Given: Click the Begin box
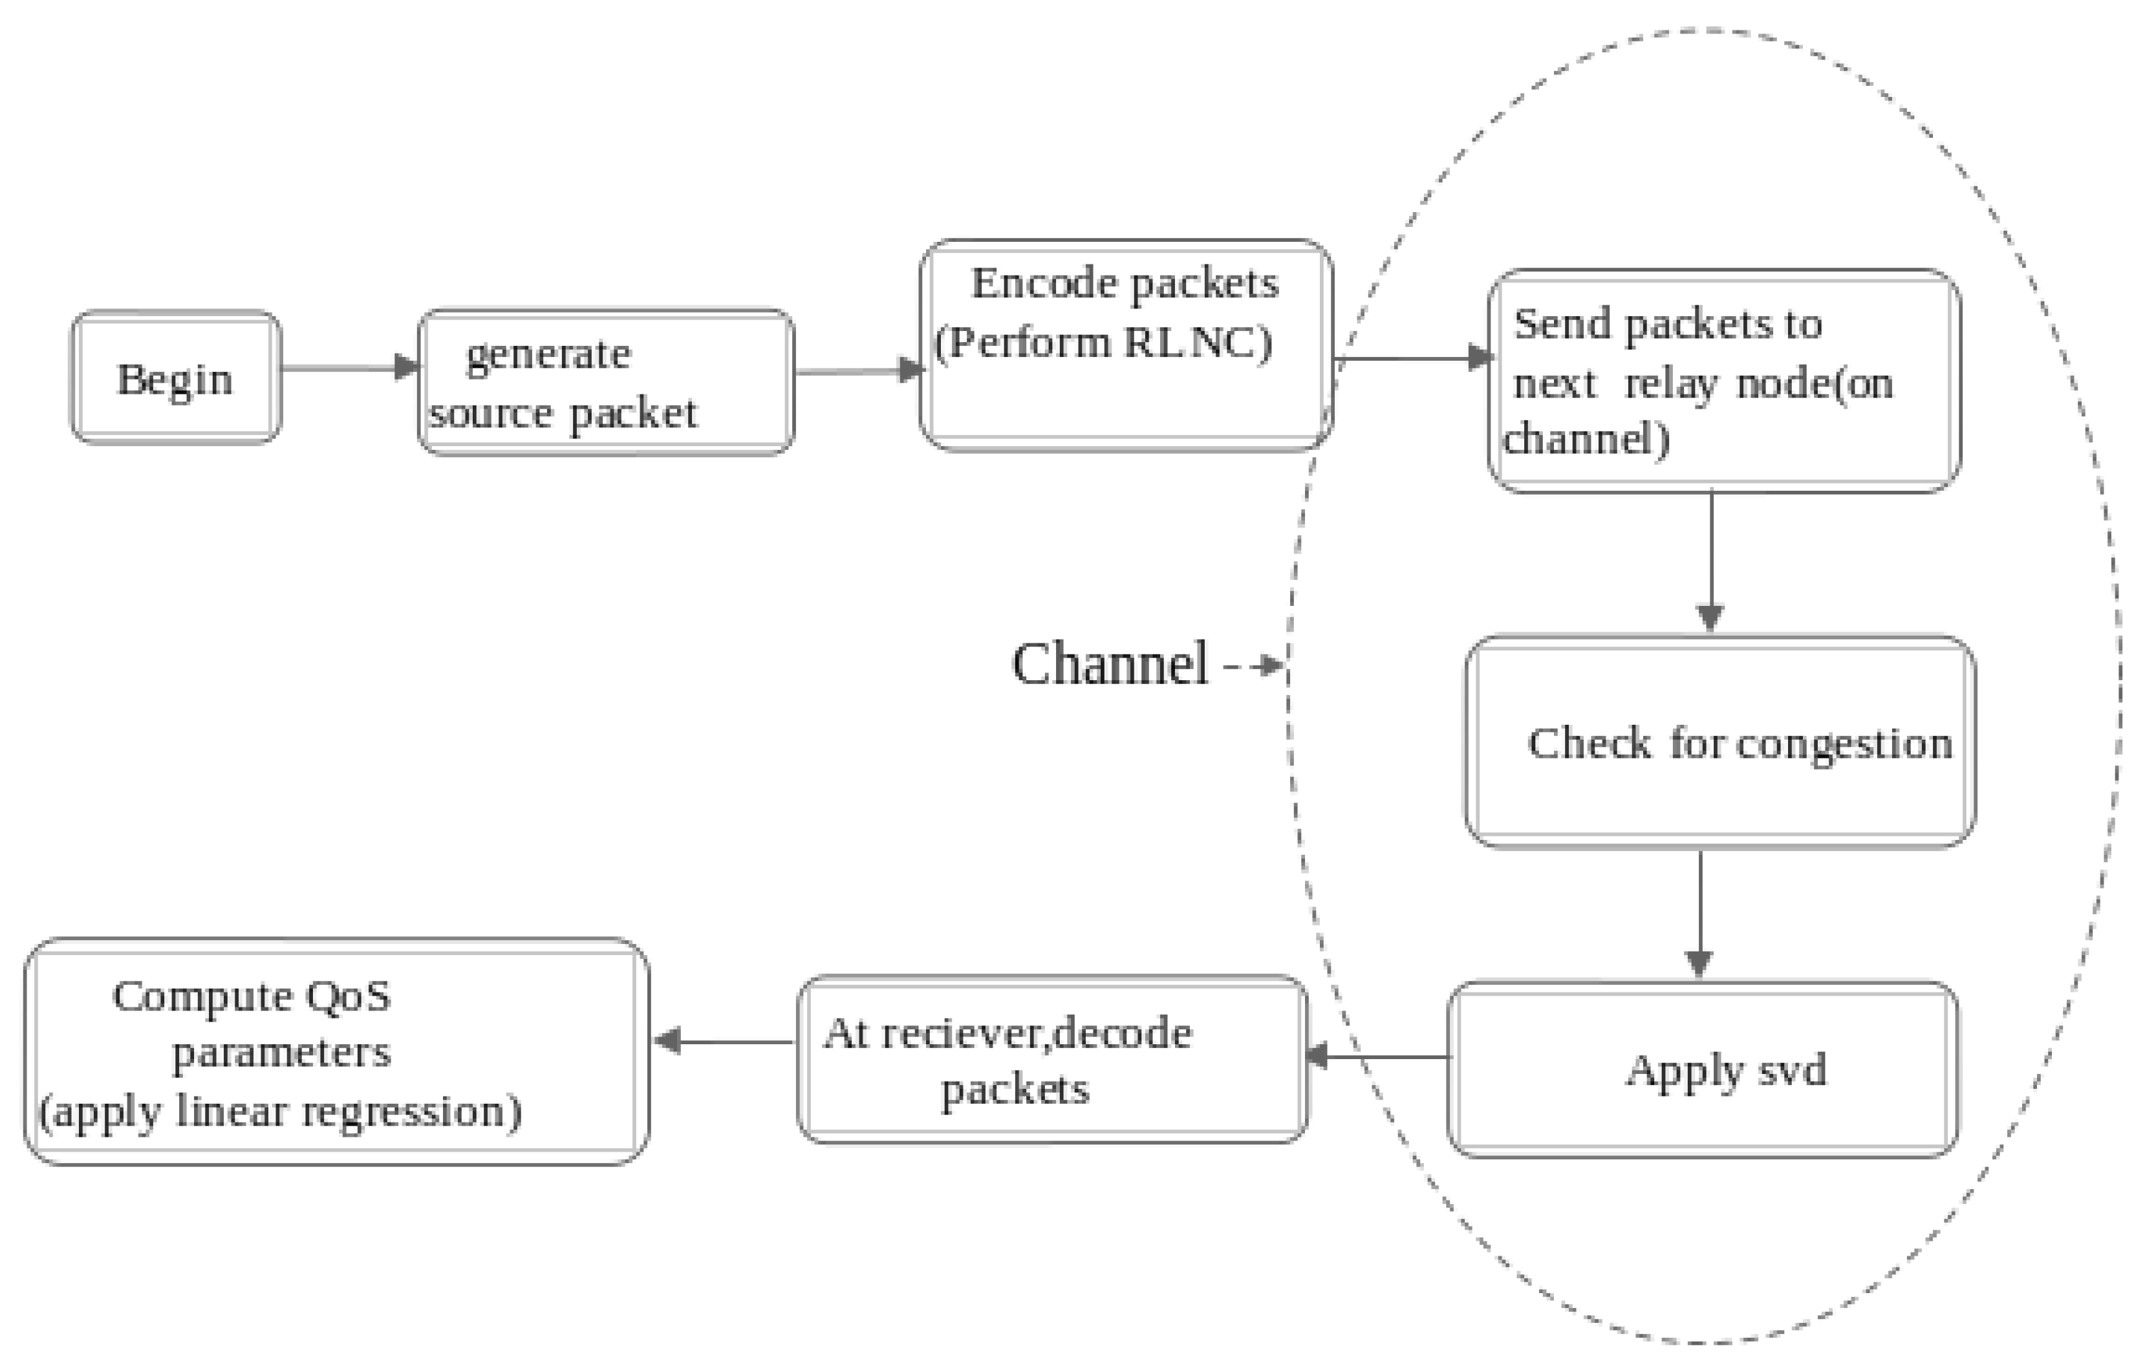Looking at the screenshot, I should pos(175,377).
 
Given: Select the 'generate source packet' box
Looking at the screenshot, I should pos(606,383).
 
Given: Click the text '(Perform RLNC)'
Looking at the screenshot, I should pos(1103,343).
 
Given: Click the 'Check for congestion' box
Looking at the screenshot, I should pos(1719,742).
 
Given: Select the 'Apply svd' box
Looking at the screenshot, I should pos(1701,1069).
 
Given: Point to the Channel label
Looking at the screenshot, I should pos(1110,665).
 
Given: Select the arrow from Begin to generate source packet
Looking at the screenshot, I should pos(347,368).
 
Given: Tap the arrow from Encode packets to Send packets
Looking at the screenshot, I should pos(1412,359).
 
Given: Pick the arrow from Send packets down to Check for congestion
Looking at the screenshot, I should pos(1710,561).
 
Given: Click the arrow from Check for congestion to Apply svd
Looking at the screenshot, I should pos(1699,913).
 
